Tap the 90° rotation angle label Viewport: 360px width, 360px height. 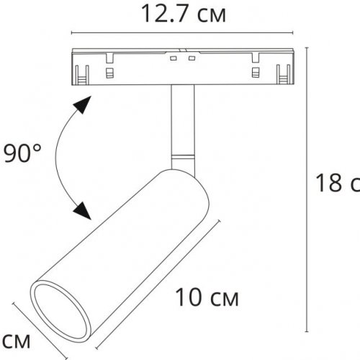coord(22,153)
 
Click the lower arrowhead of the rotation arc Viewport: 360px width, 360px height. coord(84,210)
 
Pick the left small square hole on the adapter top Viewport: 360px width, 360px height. coord(173,58)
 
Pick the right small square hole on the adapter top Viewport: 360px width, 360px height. coord(191,58)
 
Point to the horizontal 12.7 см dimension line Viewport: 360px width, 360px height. coord(183,32)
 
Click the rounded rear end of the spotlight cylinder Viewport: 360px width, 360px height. coord(190,184)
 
